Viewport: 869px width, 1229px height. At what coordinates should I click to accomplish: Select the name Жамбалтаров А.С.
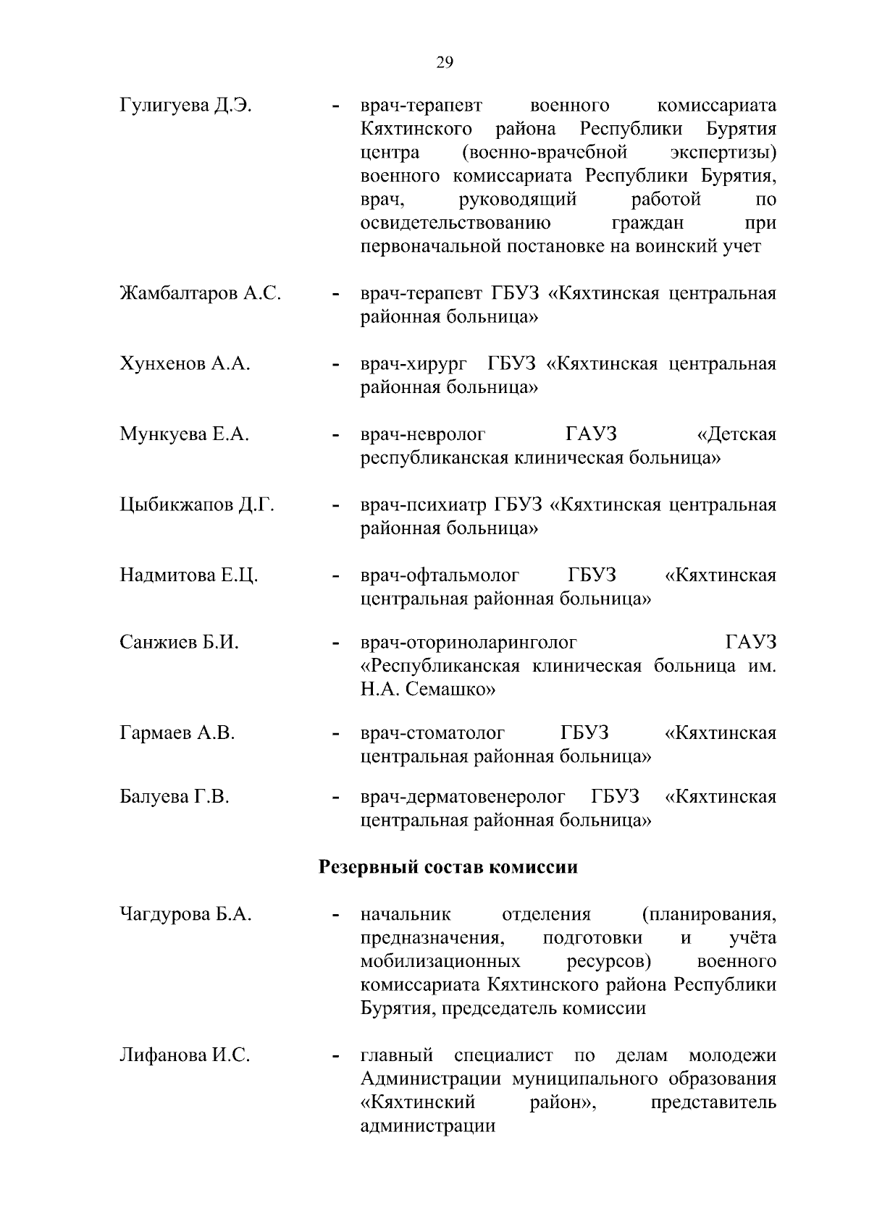click(x=200, y=294)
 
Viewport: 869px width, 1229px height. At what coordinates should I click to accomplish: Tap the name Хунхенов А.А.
click(x=185, y=364)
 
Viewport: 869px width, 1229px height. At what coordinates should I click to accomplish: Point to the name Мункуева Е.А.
click(x=184, y=434)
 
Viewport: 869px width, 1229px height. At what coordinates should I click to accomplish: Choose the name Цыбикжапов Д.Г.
click(x=196, y=504)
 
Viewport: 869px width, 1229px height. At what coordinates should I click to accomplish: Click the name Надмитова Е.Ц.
click(x=188, y=575)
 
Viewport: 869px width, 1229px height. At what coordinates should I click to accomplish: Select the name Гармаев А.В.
click(x=177, y=733)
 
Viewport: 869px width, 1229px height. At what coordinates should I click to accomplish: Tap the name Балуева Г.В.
click(x=174, y=798)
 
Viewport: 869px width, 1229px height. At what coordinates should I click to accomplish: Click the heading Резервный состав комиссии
click(x=448, y=867)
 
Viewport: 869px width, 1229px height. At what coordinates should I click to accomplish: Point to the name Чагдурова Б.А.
click(x=185, y=914)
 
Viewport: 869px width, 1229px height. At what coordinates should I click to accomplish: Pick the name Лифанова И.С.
click(x=184, y=1055)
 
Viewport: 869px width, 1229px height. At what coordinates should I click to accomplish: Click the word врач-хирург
click(x=413, y=364)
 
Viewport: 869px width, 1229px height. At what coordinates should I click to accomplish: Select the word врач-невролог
click(x=423, y=434)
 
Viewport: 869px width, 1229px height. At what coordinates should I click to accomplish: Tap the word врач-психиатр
click(x=424, y=504)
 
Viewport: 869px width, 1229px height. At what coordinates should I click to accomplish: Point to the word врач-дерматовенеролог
click(x=463, y=798)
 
